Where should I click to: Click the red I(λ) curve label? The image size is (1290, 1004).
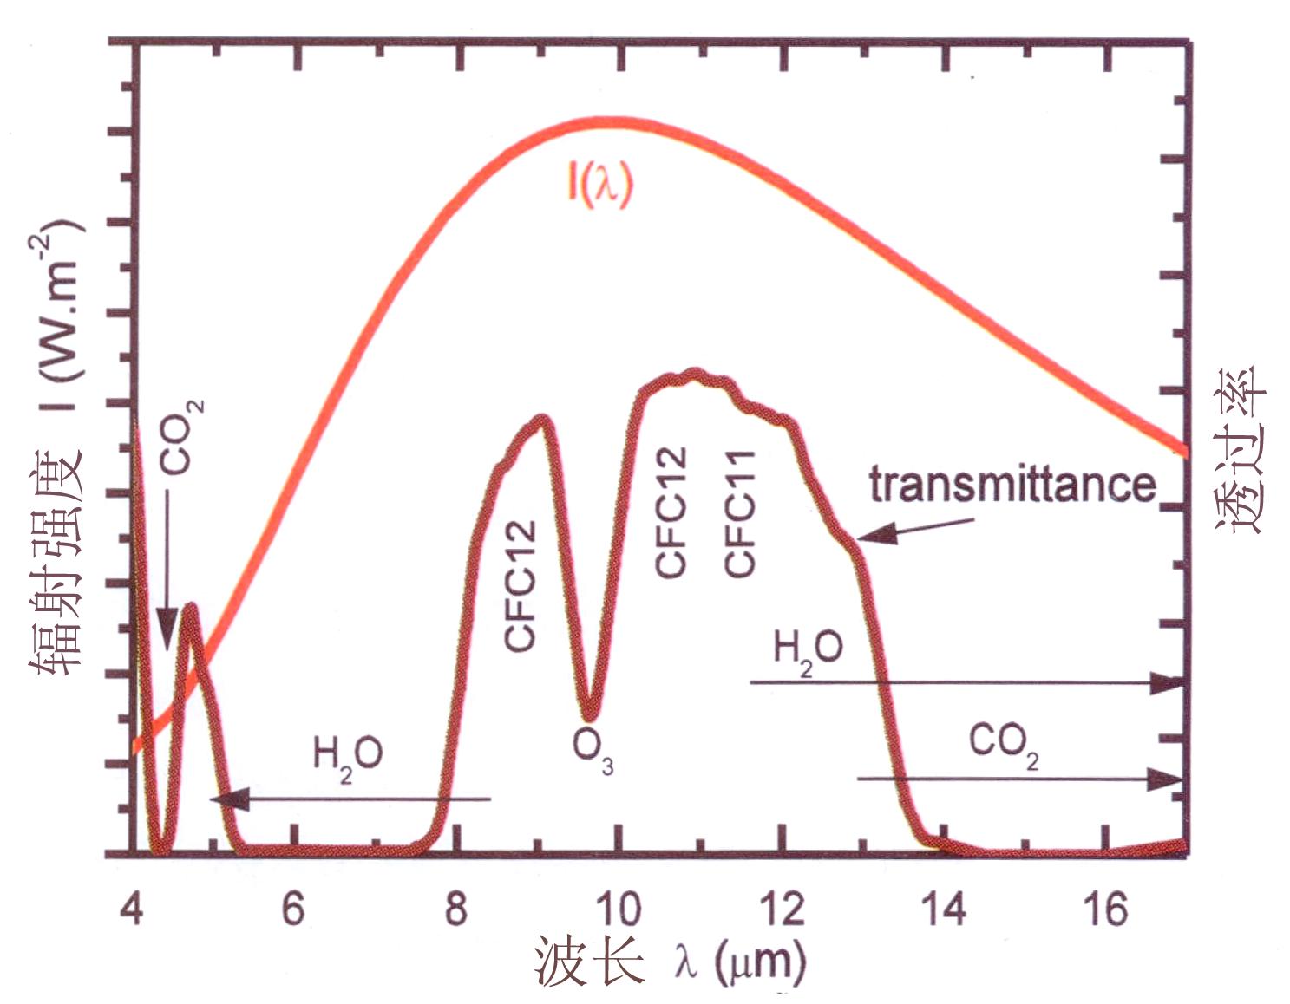point(601,184)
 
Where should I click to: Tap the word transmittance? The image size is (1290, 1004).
point(1012,484)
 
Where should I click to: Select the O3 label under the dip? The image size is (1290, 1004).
point(593,752)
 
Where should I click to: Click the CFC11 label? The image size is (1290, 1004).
point(740,513)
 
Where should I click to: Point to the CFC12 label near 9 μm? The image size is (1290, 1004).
point(521,586)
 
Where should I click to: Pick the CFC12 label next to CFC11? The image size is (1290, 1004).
point(671,512)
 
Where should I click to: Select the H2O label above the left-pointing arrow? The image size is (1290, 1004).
point(347,757)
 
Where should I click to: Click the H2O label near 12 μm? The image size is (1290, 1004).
point(807,650)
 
